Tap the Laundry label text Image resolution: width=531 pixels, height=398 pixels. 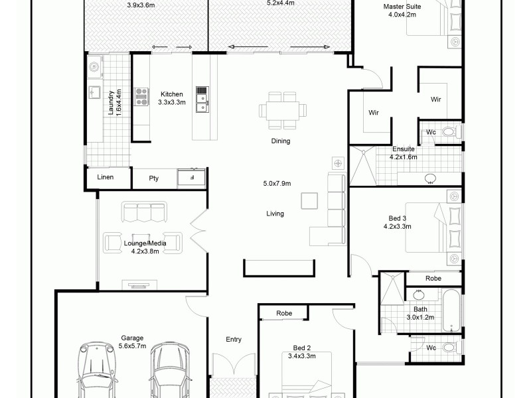pos(112,103)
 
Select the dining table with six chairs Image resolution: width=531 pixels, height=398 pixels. pos(283,110)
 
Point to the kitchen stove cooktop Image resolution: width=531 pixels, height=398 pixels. pos(142,98)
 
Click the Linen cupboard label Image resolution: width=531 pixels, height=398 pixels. pos(106,177)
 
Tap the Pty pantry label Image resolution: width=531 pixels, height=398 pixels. pos(154,178)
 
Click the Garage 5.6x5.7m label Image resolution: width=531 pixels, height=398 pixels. pos(131,342)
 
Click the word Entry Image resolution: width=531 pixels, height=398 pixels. pos(234,340)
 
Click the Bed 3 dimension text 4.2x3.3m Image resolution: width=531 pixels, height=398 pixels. pos(397,226)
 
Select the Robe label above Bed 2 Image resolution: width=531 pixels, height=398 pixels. pos(283,313)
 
